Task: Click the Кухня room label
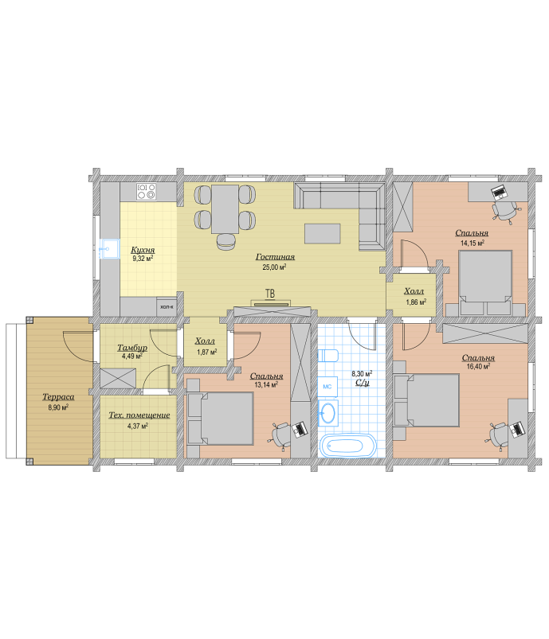[143, 250]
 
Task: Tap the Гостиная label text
[275, 257]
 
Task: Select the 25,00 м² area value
[274, 267]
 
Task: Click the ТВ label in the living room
[270, 294]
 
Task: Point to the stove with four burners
[147, 192]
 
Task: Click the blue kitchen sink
[109, 249]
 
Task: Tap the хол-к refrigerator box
[167, 306]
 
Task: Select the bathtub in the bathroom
[347, 445]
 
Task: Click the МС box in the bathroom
[327, 387]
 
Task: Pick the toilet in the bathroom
[327, 356]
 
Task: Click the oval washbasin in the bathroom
[327, 413]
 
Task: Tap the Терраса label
[58, 397]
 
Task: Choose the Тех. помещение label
[139, 415]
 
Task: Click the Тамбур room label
[132, 348]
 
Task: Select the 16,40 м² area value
[478, 366]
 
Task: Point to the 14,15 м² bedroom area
[473, 243]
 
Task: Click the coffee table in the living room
[323, 233]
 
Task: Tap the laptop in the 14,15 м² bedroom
[498, 192]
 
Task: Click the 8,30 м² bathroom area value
[362, 374]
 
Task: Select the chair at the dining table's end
[225, 242]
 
